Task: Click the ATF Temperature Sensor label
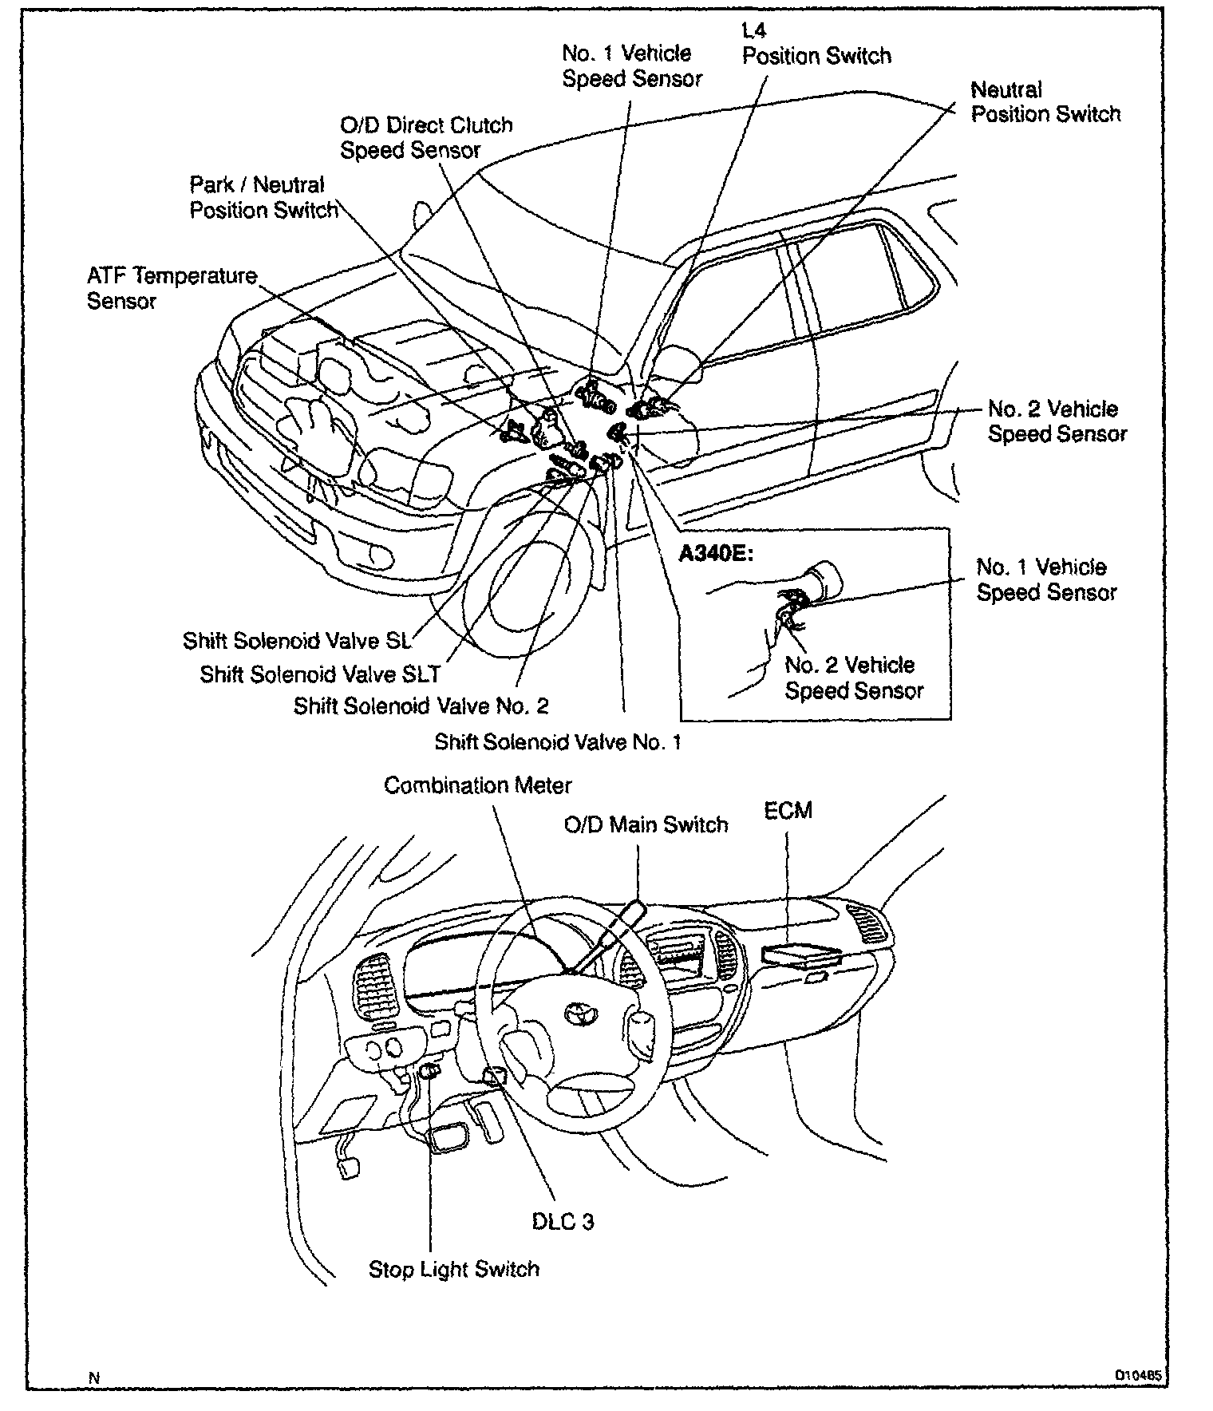(172, 288)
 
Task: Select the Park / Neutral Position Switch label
(263, 197)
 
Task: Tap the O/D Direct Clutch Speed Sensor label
(426, 137)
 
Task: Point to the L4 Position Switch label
(816, 45)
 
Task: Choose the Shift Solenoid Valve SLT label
(319, 674)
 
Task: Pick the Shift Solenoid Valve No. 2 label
(421, 706)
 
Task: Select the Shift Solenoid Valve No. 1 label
(557, 742)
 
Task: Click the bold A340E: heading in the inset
(716, 553)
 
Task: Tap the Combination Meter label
(477, 785)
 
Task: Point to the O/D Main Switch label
(646, 824)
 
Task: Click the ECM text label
(788, 811)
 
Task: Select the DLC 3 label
(563, 1222)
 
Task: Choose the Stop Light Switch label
(453, 1269)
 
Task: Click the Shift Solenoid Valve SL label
(297, 641)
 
